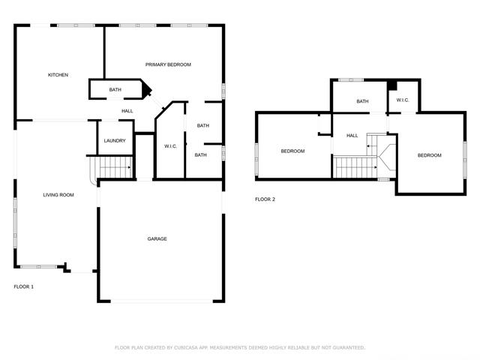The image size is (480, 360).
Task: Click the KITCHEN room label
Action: tap(58, 75)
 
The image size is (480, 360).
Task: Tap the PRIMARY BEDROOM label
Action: tap(168, 64)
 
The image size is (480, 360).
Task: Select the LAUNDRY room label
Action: tap(115, 140)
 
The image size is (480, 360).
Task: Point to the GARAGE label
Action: tap(157, 238)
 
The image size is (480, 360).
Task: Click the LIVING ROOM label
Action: tap(58, 195)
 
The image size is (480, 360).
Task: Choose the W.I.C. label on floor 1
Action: tap(170, 145)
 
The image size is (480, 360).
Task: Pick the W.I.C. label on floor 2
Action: tap(402, 100)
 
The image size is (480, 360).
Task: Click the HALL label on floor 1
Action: tap(127, 111)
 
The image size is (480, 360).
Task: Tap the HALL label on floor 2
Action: tap(352, 136)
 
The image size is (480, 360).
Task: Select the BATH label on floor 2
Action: tap(362, 101)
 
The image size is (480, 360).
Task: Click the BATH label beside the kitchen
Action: tap(115, 90)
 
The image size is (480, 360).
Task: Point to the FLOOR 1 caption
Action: tap(24, 286)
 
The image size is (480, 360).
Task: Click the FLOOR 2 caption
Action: tap(265, 199)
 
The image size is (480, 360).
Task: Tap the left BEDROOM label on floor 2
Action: tap(292, 151)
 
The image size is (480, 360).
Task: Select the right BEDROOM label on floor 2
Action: tap(429, 155)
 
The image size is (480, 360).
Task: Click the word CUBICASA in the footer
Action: tap(184, 348)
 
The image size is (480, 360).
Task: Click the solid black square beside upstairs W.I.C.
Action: tap(392, 83)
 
